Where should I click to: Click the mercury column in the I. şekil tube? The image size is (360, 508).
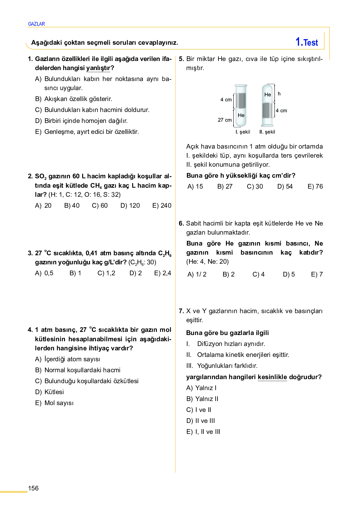point(241,100)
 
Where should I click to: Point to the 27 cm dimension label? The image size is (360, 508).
point(225,120)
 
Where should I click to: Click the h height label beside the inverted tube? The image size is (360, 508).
point(279,94)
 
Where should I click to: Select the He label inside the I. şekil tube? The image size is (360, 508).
point(241,115)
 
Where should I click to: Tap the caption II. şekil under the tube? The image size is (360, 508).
point(267,132)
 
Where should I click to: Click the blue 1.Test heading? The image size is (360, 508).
point(307,42)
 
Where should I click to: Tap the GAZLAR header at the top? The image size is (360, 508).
point(36,24)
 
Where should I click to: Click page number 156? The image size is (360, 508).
point(33,488)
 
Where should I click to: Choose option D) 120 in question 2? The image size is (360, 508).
point(130,206)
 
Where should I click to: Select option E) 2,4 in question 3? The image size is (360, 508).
point(162,273)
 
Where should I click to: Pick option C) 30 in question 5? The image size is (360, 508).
point(255,186)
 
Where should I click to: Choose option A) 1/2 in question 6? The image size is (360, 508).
point(197,274)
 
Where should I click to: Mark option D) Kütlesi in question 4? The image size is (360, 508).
point(50,392)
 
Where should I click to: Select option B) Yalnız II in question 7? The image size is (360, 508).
point(202,399)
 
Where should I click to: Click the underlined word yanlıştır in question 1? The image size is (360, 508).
point(98,68)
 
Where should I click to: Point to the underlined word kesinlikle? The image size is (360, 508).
point(272,377)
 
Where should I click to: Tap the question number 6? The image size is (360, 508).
point(181,223)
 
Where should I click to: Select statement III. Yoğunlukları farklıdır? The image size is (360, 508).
point(222,366)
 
